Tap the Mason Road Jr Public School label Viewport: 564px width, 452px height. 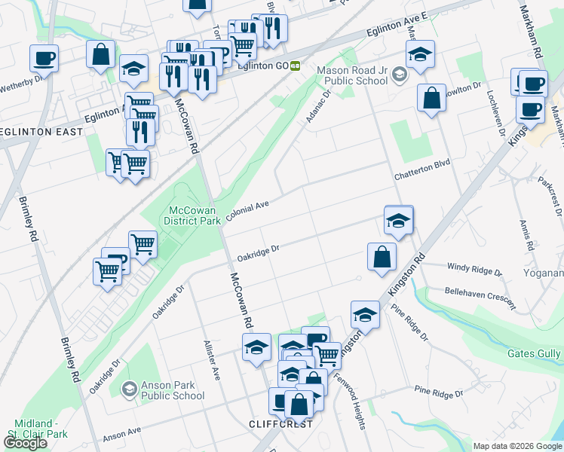pyautogui.click(x=354, y=75)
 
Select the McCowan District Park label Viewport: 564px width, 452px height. pyautogui.click(x=192, y=215)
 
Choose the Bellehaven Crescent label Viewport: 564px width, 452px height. pyautogui.click(x=480, y=295)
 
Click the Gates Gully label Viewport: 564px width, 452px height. pyautogui.click(x=534, y=353)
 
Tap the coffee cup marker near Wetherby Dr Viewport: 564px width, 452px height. pyautogui.click(x=44, y=58)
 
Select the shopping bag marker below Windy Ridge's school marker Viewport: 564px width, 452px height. pyautogui.click(x=382, y=256)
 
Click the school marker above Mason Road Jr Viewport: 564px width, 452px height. pyautogui.click(x=420, y=53)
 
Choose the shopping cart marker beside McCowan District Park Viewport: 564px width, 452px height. pyautogui.click(x=143, y=243)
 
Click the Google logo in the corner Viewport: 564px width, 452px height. pyautogui.click(x=25, y=444)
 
